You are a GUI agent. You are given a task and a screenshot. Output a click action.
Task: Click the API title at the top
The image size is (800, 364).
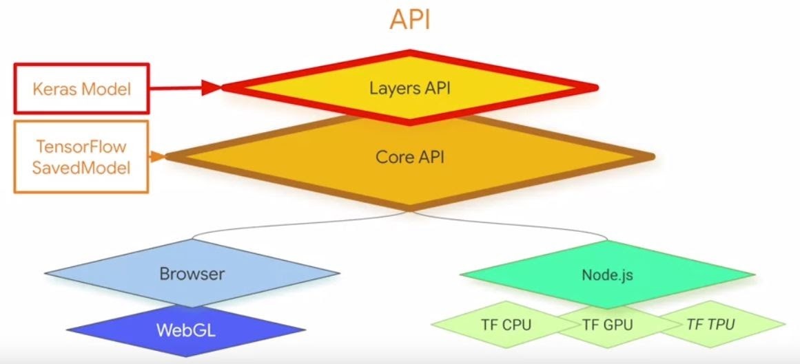click(x=410, y=19)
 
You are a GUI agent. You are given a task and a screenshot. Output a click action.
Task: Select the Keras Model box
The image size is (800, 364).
click(x=81, y=88)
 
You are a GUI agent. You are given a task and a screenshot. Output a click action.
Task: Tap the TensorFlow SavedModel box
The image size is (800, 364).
click(x=81, y=157)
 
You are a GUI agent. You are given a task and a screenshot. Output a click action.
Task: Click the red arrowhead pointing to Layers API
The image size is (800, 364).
click(x=212, y=87)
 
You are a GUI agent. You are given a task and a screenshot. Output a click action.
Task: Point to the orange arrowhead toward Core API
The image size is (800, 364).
click(x=158, y=156)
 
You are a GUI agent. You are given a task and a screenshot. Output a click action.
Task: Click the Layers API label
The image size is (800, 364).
click(x=410, y=88)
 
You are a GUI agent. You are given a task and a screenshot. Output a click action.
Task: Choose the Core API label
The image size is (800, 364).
click(x=410, y=157)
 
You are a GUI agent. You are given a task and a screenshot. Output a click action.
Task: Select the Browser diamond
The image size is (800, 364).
click(x=192, y=274)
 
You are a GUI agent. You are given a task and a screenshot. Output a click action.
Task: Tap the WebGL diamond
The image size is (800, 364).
click(x=186, y=330)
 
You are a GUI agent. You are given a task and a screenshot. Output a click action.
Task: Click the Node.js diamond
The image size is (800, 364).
click(x=607, y=275)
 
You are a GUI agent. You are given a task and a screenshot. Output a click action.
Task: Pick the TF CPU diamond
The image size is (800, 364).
click(x=506, y=324)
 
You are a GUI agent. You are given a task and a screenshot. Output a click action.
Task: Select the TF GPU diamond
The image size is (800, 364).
click(x=607, y=325)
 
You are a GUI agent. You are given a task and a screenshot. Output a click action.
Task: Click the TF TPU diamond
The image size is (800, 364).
click(x=710, y=324)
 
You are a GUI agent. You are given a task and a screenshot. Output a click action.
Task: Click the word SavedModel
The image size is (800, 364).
click(x=81, y=168)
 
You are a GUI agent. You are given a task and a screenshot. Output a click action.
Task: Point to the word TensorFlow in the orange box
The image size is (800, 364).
click(x=81, y=147)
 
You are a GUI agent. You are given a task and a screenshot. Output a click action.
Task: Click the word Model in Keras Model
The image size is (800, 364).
click(x=106, y=89)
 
